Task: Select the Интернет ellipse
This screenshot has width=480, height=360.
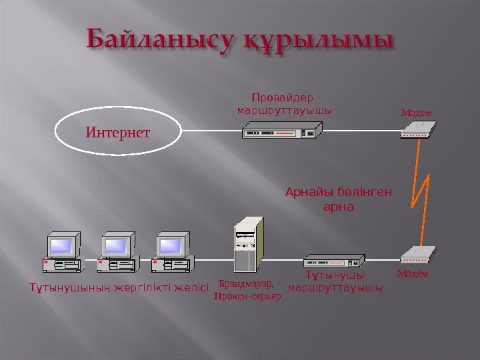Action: (118, 131)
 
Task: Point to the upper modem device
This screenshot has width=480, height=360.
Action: (419, 129)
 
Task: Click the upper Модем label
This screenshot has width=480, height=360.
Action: (416, 112)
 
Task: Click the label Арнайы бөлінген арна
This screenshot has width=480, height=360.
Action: (338, 199)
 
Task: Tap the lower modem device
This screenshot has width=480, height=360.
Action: (419, 254)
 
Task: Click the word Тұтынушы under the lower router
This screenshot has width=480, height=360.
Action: (335, 275)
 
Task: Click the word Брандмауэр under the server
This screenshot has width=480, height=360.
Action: (246, 283)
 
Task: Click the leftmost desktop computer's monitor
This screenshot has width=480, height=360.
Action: (61, 245)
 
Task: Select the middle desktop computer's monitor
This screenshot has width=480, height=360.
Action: (117, 245)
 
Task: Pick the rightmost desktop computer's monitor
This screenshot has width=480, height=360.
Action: (171, 245)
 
